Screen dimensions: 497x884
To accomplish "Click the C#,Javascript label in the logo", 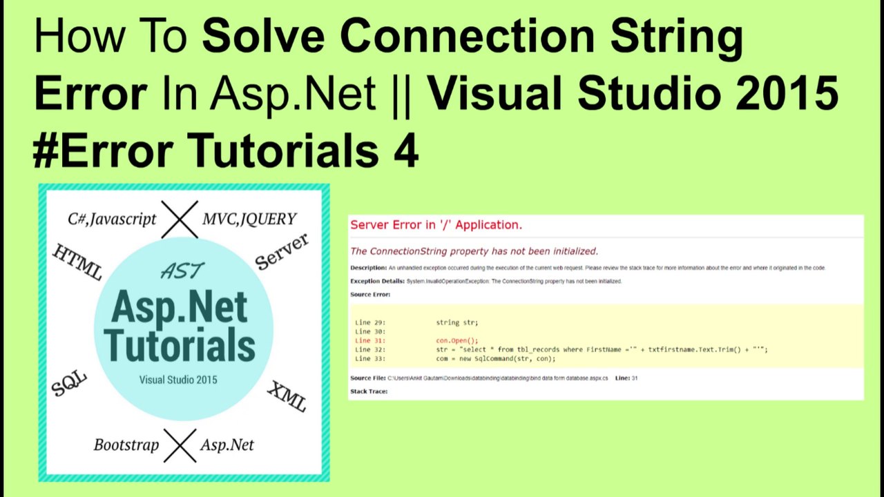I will click(x=112, y=219).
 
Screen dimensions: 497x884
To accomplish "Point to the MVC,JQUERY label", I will click(x=249, y=219).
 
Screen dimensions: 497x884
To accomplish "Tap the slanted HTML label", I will click(x=77, y=262).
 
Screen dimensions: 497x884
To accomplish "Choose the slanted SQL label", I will click(x=69, y=383).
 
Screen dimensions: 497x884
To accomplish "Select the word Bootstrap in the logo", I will click(x=126, y=445).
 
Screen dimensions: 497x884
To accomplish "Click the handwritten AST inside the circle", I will click(x=182, y=271).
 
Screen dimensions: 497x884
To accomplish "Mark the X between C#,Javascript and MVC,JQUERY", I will click(x=180, y=219).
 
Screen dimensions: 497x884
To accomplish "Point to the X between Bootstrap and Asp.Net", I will click(x=180, y=445).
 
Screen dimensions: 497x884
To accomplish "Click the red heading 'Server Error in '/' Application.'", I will click(x=436, y=225).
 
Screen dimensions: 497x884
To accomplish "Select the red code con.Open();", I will click(x=457, y=340).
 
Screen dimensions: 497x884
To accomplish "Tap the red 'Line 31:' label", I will click(x=370, y=340).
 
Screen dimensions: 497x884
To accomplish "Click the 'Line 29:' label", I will click(x=370, y=322).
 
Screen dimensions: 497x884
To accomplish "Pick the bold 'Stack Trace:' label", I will click(x=369, y=391).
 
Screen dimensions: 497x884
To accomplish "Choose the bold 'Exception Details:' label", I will click(x=377, y=282).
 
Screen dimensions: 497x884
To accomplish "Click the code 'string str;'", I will click(x=457, y=322).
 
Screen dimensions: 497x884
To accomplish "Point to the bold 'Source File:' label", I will click(x=367, y=378).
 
